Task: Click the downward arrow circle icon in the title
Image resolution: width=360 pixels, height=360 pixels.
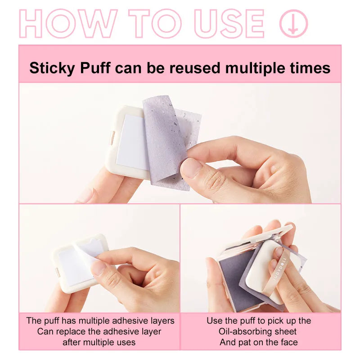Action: point(293,23)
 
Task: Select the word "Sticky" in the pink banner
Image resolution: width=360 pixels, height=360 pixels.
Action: point(50,68)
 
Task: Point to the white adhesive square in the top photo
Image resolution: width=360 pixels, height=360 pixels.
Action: point(130,142)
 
